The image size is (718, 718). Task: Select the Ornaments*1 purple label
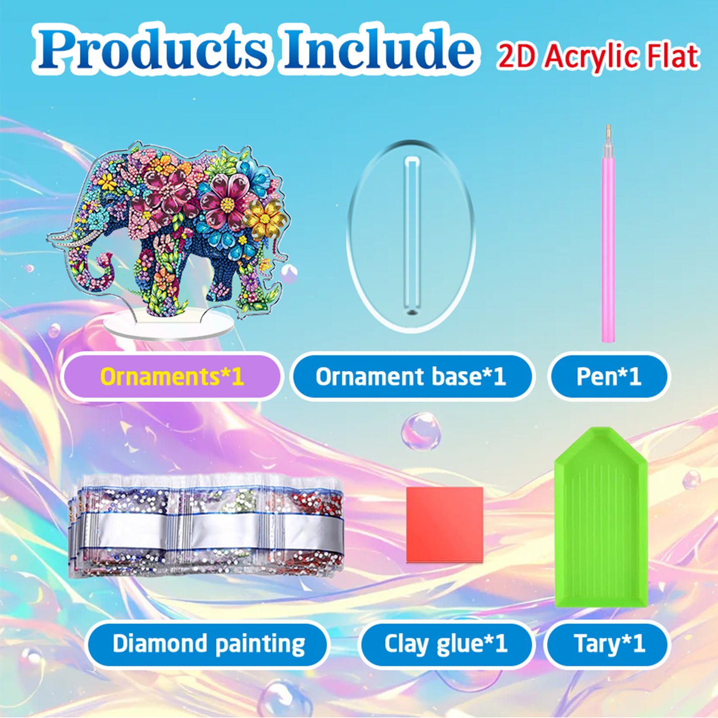point(172,377)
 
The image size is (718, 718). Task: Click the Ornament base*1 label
point(411,377)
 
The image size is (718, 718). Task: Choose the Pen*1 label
point(609,377)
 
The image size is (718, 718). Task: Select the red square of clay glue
point(445,525)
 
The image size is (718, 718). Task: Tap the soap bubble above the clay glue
point(421,431)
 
